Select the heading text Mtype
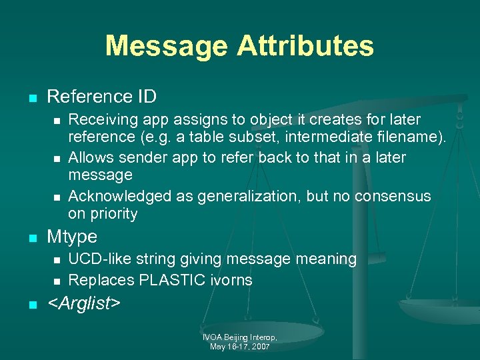[71, 237]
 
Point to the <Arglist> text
[83, 303]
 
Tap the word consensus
[393, 196]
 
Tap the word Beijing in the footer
[236, 338]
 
